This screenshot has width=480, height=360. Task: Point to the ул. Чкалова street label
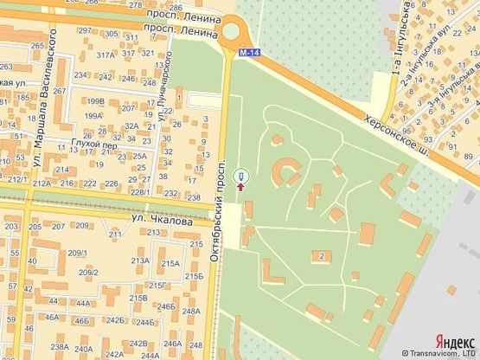pyautogui.click(x=163, y=221)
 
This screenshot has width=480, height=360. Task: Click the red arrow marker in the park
pyautogui.click(x=240, y=183)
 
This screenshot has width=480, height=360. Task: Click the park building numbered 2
pyautogui.click(x=323, y=256)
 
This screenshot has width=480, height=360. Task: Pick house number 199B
pyautogui.click(x=94, y=101)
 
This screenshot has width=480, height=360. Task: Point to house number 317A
pyautogui.click(x=106, y=54)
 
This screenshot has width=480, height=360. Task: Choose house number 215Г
pyautogui.click(x=157, y=285)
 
